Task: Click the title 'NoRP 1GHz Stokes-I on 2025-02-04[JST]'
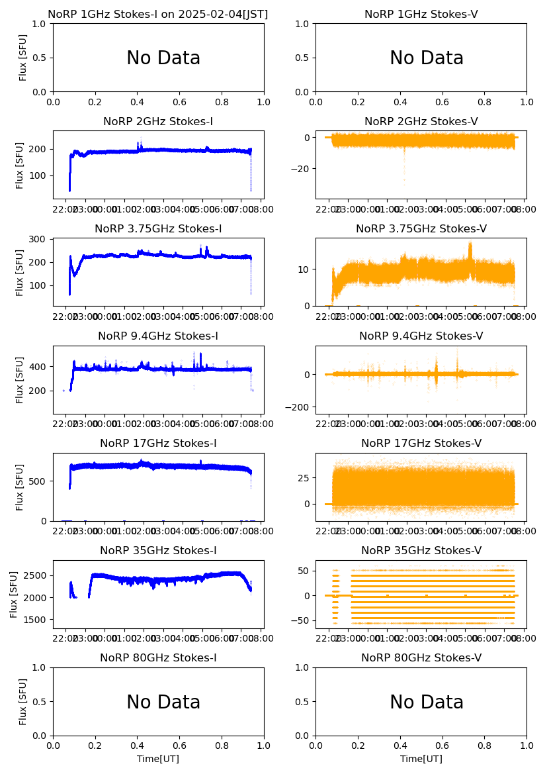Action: pyautogui.click(x=158, y=14)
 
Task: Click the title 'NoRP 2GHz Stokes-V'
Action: pyautogui.click(x=421, y=121)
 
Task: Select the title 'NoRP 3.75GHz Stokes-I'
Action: pyautogui.click(x=158, y=228)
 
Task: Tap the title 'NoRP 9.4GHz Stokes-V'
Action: pyautogui.click(x=421, y=336)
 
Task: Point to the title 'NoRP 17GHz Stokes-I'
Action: pyautogui.click(x=158, y=443)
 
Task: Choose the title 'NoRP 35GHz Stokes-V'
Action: pyautogui.click(x=421, y=550)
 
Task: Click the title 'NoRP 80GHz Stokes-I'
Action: pyautogui.click(x=158, y=657)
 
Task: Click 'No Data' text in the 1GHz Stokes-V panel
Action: pyautogui.click(x=427, y=58)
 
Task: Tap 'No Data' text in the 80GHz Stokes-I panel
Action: pyautogui.click(x=163, y=702)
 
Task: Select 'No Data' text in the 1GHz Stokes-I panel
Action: pyautogui.click(x=163, y=58)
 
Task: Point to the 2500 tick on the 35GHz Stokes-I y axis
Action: pyautogui.click(x=36, y=575)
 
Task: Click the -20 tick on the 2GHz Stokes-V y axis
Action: pyautogui.click(x=302, y=169)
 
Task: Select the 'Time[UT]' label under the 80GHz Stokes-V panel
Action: pyautogui.click(x=421, y=759)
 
